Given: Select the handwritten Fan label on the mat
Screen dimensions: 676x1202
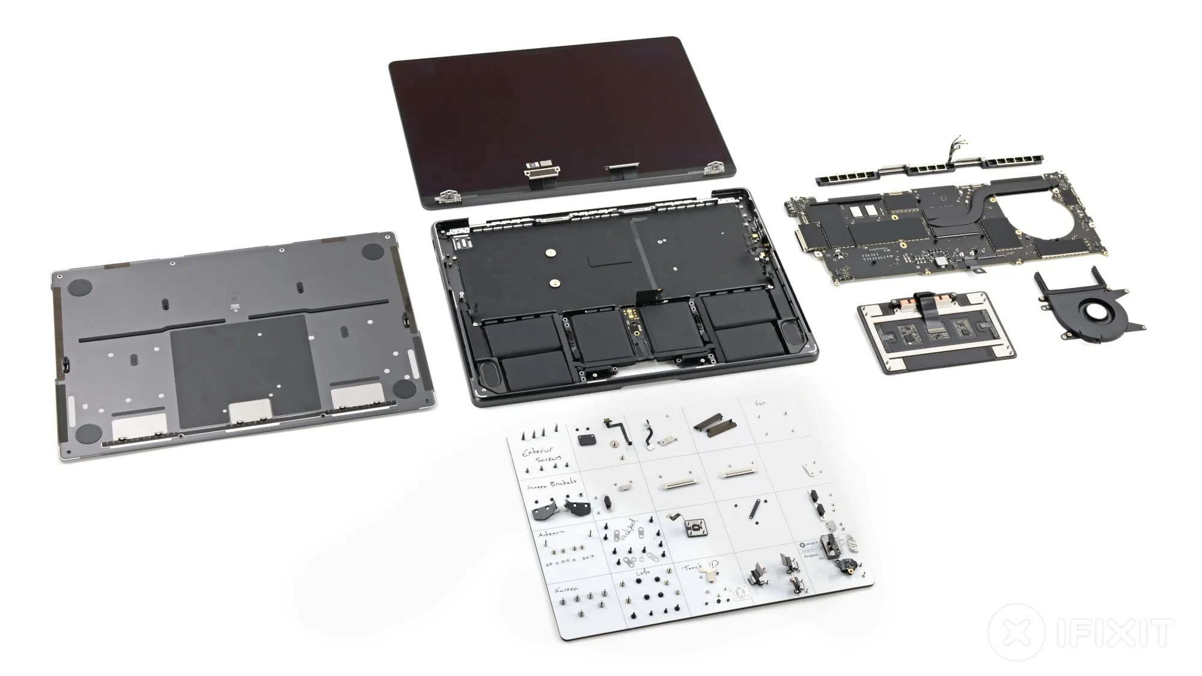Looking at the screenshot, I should point(760,403).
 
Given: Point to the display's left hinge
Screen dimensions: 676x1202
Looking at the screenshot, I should point(448,196).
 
